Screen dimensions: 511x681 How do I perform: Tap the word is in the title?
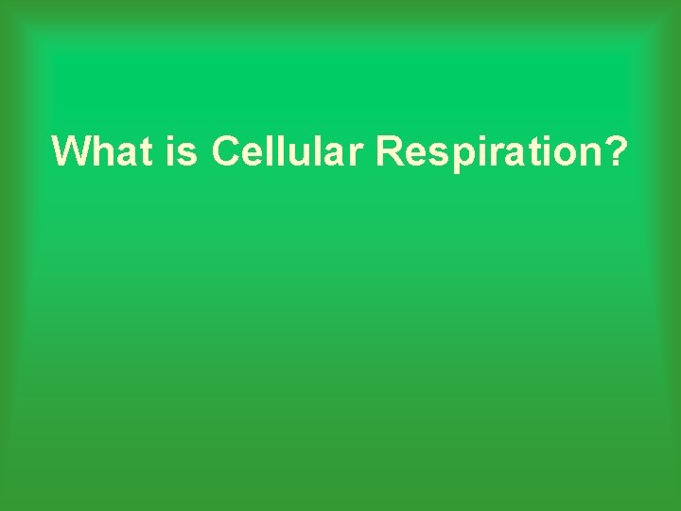click(184, 151)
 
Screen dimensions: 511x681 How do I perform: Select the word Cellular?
click(288, 151)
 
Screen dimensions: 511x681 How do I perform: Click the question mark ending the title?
click(614, 151)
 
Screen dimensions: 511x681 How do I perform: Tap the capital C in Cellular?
click(228, 151)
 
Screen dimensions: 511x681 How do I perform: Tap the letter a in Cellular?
click(336, 154)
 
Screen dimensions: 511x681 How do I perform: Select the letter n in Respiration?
click(584, 154)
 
